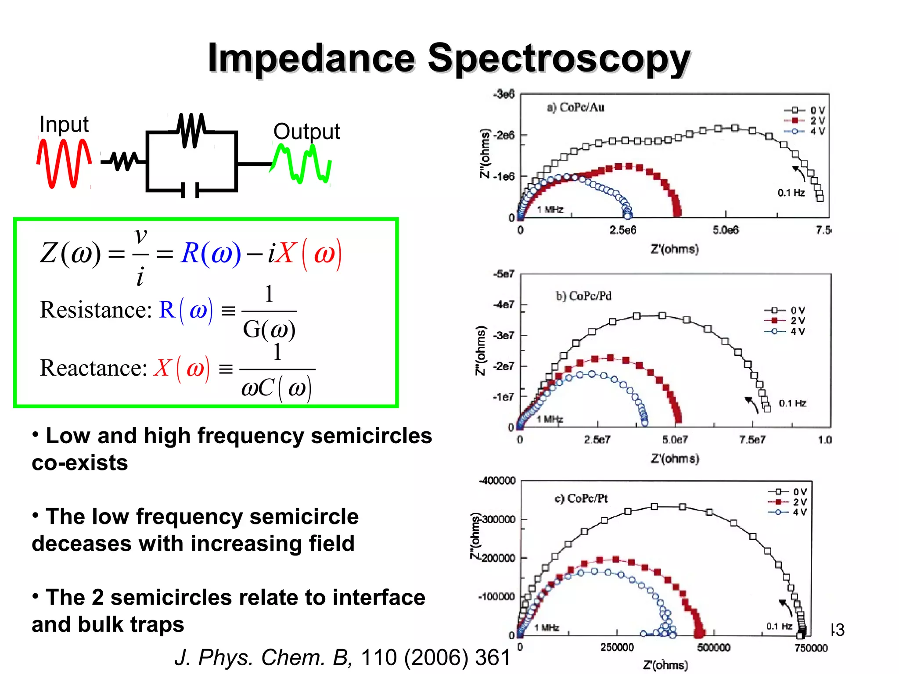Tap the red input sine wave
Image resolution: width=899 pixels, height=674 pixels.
pyautogui.click(x=64, y=163)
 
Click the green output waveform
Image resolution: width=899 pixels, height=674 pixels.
pyautogui.click(x=302, y=165)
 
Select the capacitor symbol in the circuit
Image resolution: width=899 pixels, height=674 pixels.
pyautogui.click(x=190, y=190)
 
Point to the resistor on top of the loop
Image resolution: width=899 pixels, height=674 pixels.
pyautogui.click(x=192, y=130)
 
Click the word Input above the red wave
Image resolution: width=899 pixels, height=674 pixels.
pyautogui.click(x=64, y=124)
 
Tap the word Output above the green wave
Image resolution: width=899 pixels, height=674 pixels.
pyautogui.click(x=306, y=131)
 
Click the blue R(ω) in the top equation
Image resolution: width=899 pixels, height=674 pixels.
pyautogui.click(x=211, y=253)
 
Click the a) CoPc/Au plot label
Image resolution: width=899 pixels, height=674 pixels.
pyautogui.click(x=575, y=108)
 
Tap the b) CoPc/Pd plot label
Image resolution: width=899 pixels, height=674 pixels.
pyautogui.click(x=584, y=296)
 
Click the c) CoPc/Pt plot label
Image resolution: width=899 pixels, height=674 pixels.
pyautogui.click(x=581, y=498)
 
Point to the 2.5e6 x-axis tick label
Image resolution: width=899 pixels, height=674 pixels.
pyautogui.click(x=622, y=230)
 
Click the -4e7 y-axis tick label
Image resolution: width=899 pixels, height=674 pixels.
pyautogui.click(x=503, y=305)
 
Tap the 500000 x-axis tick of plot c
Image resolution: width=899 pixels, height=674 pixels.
pyautogui.click(x=714, y=648)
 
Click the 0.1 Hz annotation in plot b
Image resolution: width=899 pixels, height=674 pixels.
pyautogui.click(x=792, y=403)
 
